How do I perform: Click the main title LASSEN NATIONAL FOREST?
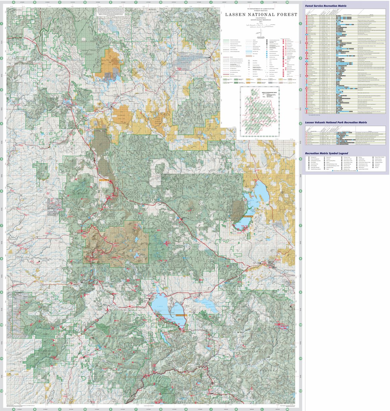tap(261, 14)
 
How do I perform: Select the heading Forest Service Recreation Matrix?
tap(326, 6)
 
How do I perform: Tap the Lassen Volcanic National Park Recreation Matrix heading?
tap(336, 123)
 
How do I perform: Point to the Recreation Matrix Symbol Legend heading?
tap(326, 153)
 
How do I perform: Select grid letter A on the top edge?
tap(14, 2)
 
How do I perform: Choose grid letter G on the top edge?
tap(161, 2)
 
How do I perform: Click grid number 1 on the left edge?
tap(2, 24)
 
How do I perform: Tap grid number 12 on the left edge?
tap(2, 391)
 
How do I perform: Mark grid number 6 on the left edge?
tap(2, 191)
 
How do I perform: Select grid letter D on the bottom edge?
tap(85, 409)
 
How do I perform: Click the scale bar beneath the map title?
tap(261, 26)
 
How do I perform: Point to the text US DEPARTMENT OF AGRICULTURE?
tap(261, 7)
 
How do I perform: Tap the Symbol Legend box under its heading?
tap(345, 164)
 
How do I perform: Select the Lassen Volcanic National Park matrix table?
tap(345, 136)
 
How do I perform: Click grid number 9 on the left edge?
tap(2, 292)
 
